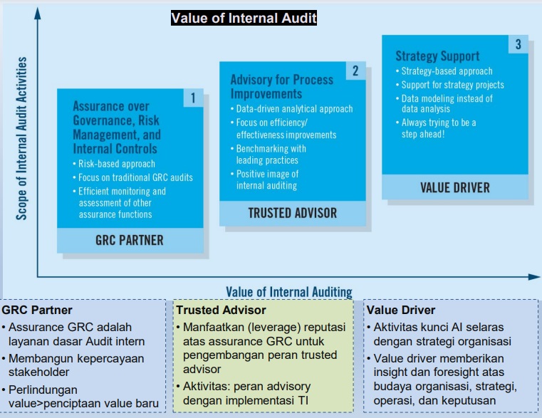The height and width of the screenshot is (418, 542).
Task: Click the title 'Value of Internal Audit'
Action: (244, 18)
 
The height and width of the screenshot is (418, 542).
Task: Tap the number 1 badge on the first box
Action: (193, 98)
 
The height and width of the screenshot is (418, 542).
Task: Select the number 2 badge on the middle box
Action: (355, 71)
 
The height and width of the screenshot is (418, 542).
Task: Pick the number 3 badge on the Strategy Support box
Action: (518, 44)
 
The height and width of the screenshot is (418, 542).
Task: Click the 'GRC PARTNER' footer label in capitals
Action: (130, 240)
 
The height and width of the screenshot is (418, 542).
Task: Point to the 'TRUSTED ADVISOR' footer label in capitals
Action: (293, 213)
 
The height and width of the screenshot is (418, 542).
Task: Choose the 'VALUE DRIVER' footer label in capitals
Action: (455, 188)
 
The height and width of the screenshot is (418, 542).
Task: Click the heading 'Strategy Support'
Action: (437, 56)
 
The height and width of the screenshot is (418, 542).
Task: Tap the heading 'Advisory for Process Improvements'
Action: (282, 87)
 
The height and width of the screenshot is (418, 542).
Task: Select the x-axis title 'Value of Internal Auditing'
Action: (289, 292)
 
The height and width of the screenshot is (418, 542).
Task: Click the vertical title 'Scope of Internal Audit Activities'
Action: (21, 138)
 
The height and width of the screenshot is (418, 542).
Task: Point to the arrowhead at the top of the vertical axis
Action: (38, 14)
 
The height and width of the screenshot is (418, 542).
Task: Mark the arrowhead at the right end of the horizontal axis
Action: (534, 276)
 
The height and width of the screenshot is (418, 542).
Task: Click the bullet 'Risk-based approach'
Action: (114, 164)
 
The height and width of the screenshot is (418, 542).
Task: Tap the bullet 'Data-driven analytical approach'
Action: (292, 109)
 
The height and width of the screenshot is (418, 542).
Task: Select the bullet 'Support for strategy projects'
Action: (449, 85)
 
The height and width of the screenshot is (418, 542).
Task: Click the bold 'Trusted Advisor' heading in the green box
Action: (221, 310)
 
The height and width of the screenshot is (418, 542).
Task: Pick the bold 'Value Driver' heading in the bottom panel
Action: (400, 310)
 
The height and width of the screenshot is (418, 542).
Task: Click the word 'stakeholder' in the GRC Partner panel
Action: (38, 372)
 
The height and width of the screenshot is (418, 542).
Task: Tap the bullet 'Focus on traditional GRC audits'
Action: (132, 177)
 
